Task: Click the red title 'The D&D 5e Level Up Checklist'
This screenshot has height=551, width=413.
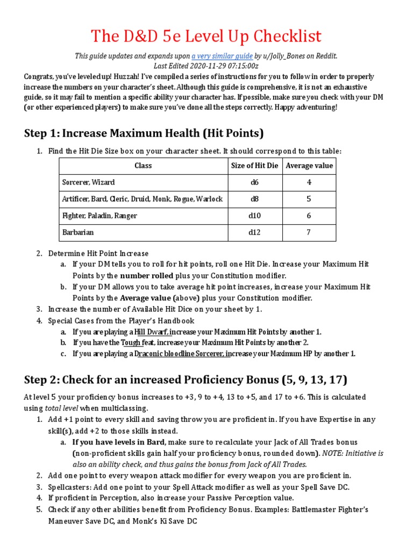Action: (x=206, y=37)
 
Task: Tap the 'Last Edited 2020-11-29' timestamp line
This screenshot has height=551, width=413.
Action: (x=206, y=66)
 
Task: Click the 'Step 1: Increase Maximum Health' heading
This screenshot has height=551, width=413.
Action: (x=144, y=133)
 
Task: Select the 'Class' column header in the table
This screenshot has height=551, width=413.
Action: (x=143, y=166)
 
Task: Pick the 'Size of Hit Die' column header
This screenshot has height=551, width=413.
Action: (x=254, y=166)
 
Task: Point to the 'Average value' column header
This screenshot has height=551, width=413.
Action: (x=309, y=166)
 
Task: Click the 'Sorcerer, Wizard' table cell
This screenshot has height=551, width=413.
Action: (x=88, y=182)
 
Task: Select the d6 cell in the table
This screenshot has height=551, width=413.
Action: (x=254, y=182)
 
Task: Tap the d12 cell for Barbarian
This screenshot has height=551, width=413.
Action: (x=254, y=232)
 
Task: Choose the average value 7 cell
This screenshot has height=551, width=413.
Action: (x=309, y=232)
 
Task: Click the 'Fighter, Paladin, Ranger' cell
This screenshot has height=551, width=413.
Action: (x=99, y=216)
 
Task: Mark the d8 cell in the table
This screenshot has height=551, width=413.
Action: (x=254, y=199)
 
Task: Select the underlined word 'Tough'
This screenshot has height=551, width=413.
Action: (x=131, y=342)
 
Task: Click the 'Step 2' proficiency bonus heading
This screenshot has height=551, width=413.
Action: (x=186, y=380)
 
